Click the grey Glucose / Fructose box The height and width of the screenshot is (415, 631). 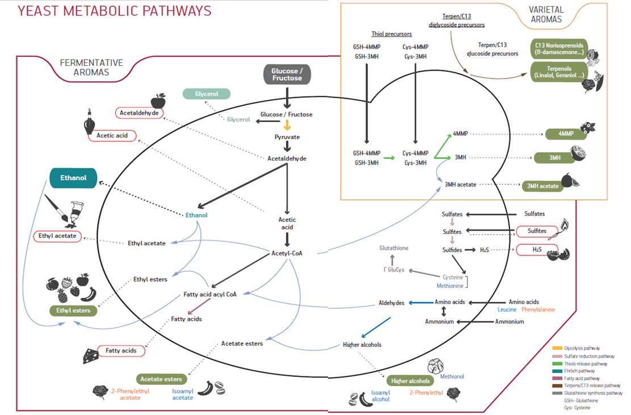point(287,74)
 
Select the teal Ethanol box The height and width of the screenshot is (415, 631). point(74,178)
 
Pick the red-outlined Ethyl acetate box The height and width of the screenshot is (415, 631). point(58,236)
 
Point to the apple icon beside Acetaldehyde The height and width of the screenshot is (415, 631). point(158,102)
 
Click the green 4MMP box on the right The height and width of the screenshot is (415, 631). point(567,135)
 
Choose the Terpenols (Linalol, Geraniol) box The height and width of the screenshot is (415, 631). point(559,71)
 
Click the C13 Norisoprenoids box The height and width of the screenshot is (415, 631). point(559,49)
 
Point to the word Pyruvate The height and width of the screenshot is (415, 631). point(287,137)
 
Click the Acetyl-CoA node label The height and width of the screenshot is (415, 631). point(287,253)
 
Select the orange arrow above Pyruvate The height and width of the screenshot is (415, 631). point(287,125)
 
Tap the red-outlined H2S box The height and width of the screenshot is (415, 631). point(536,250)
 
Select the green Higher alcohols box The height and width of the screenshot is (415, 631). point(411,381)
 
